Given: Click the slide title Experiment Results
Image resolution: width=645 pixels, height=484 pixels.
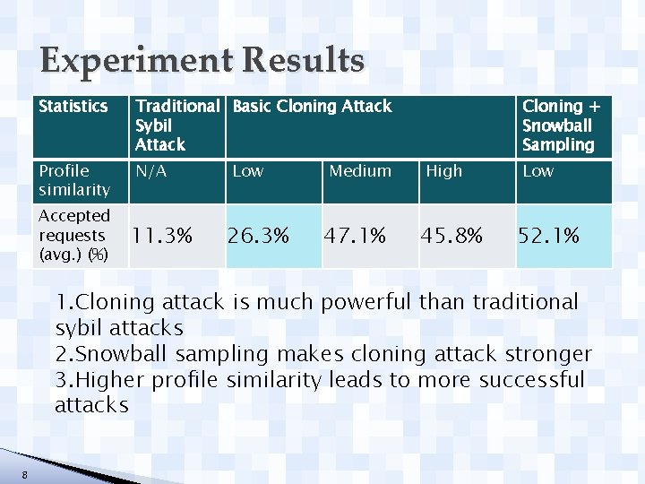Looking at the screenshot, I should [x=202, y=62].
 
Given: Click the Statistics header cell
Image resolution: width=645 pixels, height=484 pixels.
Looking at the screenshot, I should [x=73, y=107].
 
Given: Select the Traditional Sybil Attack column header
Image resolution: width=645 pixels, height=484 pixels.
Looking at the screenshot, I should [x=176, y=125].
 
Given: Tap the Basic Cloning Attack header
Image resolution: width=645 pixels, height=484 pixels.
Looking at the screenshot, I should [x=312, y=107].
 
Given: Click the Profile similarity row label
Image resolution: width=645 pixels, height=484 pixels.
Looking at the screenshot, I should [x=73, y=180].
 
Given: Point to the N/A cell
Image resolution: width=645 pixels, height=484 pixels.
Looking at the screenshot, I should [x=150, y=171].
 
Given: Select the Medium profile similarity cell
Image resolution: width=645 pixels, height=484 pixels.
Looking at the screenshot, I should [x=360, y=171].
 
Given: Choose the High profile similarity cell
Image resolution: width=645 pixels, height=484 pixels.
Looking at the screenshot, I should [x=444, y=171].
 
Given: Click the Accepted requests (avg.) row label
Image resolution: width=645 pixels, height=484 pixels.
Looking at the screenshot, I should [x=73, y=235].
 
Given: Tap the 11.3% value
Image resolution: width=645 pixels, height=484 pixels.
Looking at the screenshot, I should [x=162, y=236].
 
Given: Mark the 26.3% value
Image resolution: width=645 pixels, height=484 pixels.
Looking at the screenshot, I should [x=258, y=236].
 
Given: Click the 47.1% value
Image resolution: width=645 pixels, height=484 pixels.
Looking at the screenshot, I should [x=356, y=236].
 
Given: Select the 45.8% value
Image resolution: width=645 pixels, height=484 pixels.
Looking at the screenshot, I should [x=452, y=236].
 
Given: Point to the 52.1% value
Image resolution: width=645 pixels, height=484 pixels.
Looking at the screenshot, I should [x=549, y=236].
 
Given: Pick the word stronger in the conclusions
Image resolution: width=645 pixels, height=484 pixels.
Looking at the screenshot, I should [x=548, y=354].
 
